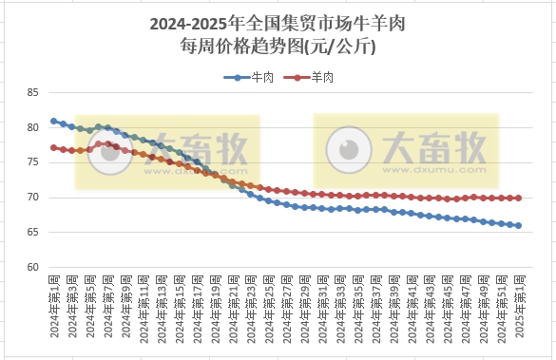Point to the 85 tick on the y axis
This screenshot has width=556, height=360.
coord(33,93)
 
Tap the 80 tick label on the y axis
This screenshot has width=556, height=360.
coord(33,128)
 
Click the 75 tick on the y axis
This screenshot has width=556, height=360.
coord(33,162)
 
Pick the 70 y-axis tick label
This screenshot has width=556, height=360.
coord(33,198)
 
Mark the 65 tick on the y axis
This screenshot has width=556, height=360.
coord(33,232)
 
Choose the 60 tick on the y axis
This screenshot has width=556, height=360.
coord(33,267)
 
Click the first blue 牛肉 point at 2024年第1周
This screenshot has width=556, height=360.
coord(54,122)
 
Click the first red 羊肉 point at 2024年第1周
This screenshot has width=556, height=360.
coord(54,147)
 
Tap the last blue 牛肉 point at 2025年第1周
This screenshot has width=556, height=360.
coord(519,225)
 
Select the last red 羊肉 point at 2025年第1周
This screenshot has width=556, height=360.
coord(519,198)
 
